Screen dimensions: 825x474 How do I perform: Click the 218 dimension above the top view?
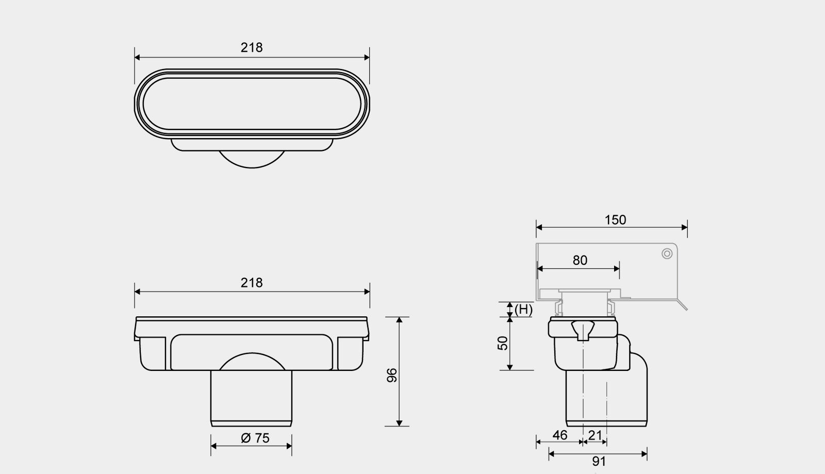[252, 48]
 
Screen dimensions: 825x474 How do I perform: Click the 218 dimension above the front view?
[252, 283]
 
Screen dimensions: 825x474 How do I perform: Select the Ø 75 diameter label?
[255, 438]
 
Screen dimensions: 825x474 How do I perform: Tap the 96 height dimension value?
[392, 375]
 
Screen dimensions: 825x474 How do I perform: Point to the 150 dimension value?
[615, 220]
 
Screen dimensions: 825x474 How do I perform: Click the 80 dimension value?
[580, 261]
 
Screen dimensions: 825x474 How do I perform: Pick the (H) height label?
[523, 310]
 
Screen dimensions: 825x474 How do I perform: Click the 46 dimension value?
[560, 435]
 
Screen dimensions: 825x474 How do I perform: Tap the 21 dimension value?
[595, 435]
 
